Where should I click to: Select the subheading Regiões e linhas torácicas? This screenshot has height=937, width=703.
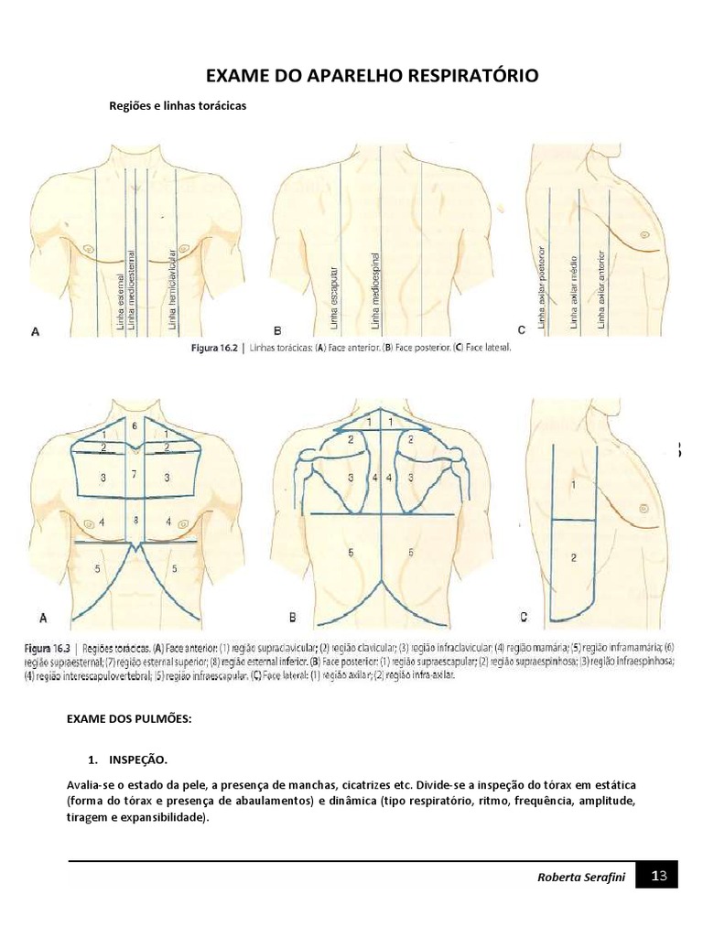pos(178,105)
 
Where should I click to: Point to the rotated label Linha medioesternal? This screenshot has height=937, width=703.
pos(132,288)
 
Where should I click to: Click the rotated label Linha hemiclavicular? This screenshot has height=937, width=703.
pos(171,287)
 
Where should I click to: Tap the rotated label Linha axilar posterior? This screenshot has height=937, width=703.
pos(543,287)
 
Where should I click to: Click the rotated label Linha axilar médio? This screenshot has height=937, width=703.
pos(573,292)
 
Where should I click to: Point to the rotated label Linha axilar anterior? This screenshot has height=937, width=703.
pos(601,288)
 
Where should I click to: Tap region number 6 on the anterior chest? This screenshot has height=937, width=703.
pos(135,426)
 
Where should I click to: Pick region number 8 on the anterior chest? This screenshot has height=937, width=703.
pos(135,520)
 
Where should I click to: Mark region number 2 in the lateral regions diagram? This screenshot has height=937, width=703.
pos(573,557)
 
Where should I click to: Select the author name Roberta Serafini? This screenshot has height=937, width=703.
pos(580,878)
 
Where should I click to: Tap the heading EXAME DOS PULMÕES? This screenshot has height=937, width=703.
pos(129,720)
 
